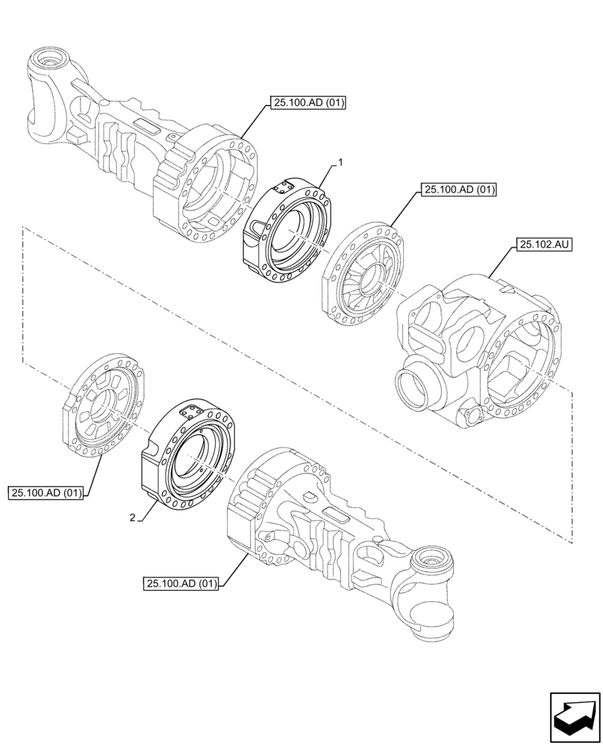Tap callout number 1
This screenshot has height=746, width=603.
(340, 162)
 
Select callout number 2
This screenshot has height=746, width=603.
(132, 517)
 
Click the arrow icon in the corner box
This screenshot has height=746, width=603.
(574, 717)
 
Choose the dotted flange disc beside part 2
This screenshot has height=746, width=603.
(104, 407)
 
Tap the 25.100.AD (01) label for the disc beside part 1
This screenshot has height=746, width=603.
(459, 190)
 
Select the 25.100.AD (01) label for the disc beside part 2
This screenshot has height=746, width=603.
(46, 492)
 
